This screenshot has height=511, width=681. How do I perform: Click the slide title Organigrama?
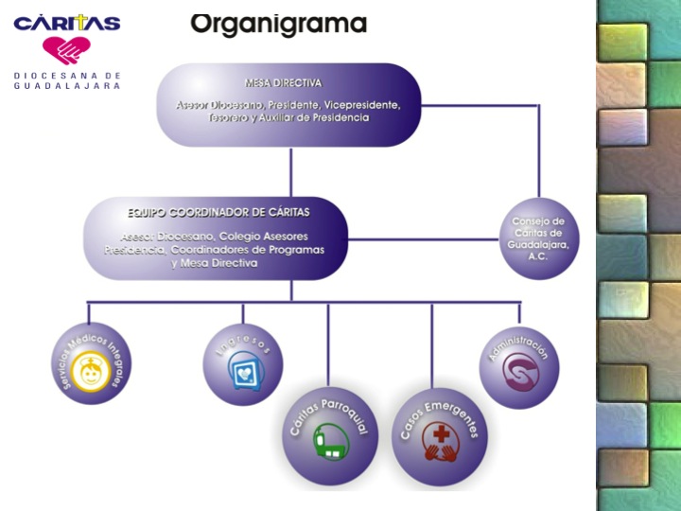point(278,23)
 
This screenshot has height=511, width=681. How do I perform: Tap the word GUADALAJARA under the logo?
point(67,85)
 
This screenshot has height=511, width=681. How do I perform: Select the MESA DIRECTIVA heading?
point(283,83)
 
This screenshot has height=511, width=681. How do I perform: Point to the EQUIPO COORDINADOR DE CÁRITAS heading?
point(218,213)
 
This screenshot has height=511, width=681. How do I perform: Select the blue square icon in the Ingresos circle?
point(245,370)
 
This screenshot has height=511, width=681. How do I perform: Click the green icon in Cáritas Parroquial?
point(332,444)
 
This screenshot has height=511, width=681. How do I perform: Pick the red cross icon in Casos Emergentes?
point(440,439)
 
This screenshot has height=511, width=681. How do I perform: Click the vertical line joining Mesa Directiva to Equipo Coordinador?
point(290,170)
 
